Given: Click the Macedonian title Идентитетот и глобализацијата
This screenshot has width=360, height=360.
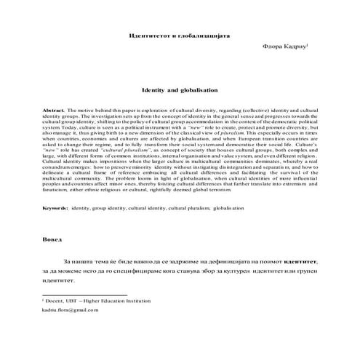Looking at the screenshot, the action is (x=180, y=36).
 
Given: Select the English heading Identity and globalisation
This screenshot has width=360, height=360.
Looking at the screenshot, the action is (x=180, y=92).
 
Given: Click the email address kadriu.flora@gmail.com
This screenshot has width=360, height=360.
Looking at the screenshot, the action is (x=70, y=310).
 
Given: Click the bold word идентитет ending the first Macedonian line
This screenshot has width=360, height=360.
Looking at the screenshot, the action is (x=301, y=260).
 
